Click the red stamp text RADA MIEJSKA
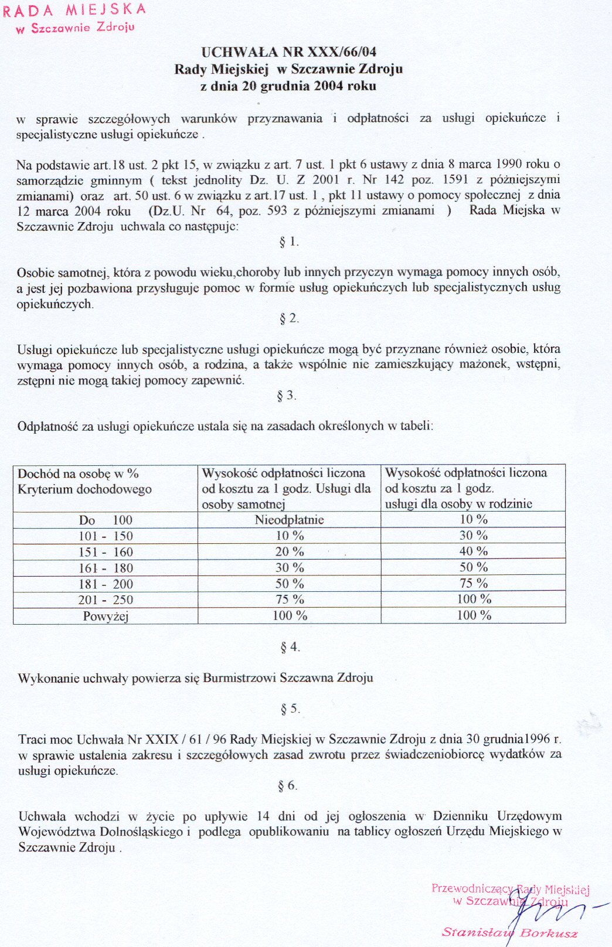pyautogui.click(x=74, y=11)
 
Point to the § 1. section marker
pyautogui.click(x=289, y=241)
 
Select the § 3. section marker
pyautogui.click(x=287, y=396)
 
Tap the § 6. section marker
pyautogui.click(x=287, y=786)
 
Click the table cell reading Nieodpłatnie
pyautogui.click(x=289, y=520)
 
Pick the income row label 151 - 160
pyautogui.click(x=106, y=552)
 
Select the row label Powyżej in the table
pyautogui.click(x=106, y=616)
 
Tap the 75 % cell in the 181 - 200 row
pyautogui.click(x=474, y=583)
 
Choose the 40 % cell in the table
pyautogui.click(x=474, y=551)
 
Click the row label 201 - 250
pyautogui.click(x=106, y=600)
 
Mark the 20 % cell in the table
pyautogui.click(x=290, y=552)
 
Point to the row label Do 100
pyautogui.click(x=106, y=520)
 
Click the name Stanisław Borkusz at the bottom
pyautogui.click(x=509, y=933)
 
